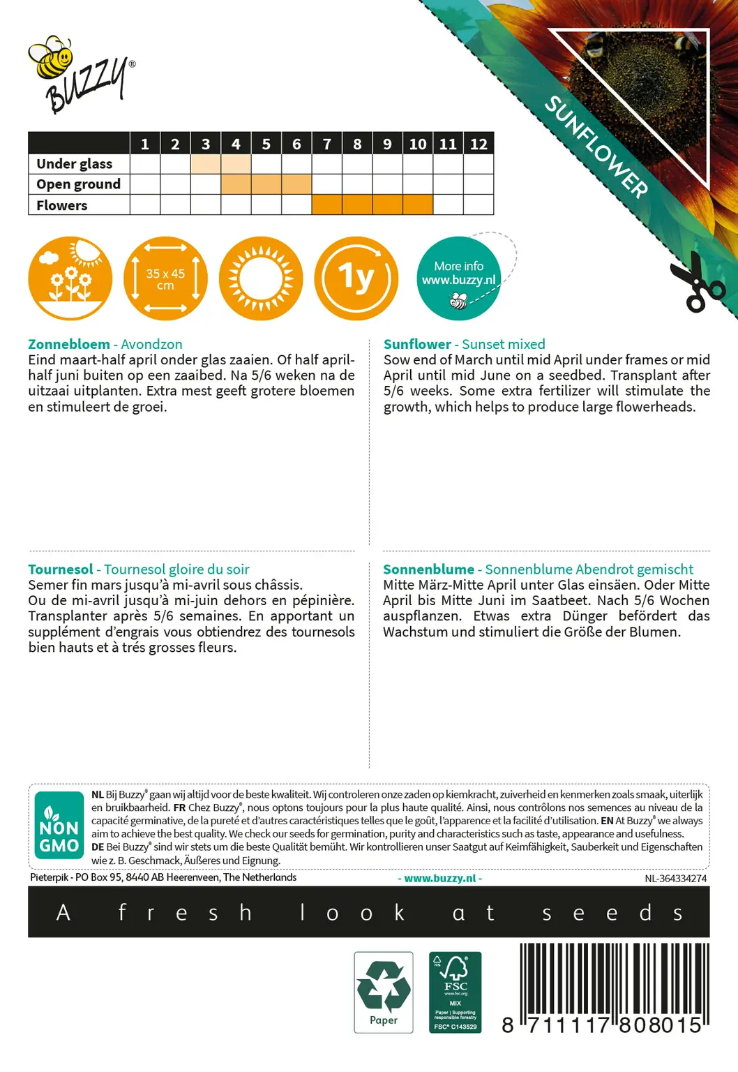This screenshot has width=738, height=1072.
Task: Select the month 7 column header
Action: coord(327,144)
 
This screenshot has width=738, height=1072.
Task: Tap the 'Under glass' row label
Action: coord(75,164)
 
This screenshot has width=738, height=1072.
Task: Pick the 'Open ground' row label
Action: coord(79,184)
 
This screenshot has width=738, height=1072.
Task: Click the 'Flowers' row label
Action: coord(62,205)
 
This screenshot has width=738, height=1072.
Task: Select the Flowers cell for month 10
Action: coord(418,204)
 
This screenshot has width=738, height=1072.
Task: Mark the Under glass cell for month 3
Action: coord(206,164)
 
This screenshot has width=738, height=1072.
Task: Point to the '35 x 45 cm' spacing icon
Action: coord(165,278)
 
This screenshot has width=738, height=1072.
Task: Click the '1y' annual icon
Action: coord(356,278)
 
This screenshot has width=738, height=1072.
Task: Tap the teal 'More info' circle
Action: coord(458,278)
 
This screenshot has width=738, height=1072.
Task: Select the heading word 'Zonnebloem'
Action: coord(69,344)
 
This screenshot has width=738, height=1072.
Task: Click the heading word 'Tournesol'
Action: coord(61,569)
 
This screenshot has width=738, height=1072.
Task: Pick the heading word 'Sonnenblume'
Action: coord(428,569)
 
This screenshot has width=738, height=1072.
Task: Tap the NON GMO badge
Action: coord(59,826)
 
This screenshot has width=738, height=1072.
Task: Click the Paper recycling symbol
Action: coord(384,992)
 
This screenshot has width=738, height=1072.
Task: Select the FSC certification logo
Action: coord(455,992)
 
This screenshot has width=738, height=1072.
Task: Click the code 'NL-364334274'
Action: coord(675,879)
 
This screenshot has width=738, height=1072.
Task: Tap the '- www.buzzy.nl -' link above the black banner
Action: coord(440,879)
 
